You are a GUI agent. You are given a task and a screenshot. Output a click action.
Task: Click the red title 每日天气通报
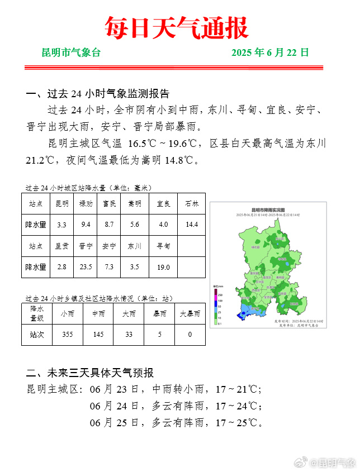pos(177,28)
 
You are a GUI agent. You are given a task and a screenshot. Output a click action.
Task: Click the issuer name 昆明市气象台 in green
pos(72,54)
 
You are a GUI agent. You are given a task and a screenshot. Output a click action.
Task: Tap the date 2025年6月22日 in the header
pos(270,54)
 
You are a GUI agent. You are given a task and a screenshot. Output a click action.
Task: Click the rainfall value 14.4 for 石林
pos(192,225)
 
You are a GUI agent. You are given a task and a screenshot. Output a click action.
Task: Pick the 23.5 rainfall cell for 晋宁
pos(86,267)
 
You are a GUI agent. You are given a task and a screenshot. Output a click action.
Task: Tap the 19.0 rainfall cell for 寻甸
pos(163,267)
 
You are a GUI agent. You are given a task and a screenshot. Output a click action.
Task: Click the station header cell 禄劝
pos(86,204)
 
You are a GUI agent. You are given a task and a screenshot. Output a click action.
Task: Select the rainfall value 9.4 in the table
pos(86,225)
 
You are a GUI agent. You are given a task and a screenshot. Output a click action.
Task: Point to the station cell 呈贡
pos(61,246)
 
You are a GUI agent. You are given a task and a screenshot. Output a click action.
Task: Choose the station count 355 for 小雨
pos(68,334)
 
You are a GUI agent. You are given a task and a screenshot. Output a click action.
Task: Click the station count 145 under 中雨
pos(98,334)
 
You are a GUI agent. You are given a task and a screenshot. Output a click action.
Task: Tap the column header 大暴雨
pos(190,314)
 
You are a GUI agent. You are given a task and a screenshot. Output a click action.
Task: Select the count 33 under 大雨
pos(129,334)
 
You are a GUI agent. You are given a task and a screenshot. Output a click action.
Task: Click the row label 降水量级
pos(37,314)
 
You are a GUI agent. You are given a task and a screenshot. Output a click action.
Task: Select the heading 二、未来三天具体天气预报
pos(90,373)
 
